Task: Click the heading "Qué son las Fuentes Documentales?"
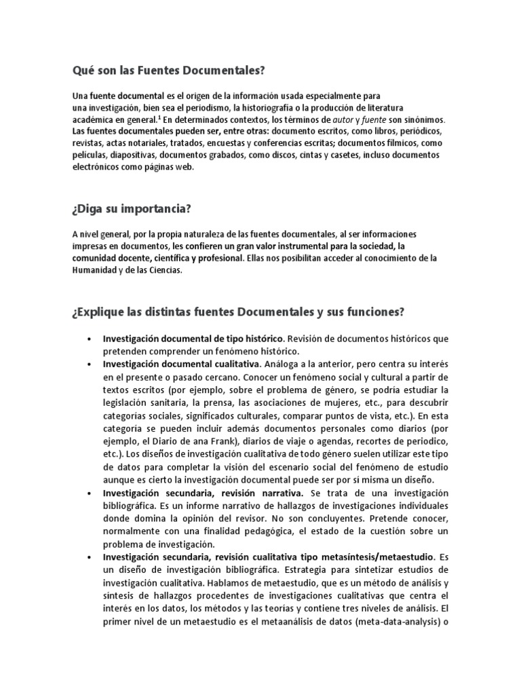point(168,70)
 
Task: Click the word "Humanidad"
point(96,269)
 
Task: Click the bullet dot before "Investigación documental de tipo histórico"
point(90,339)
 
